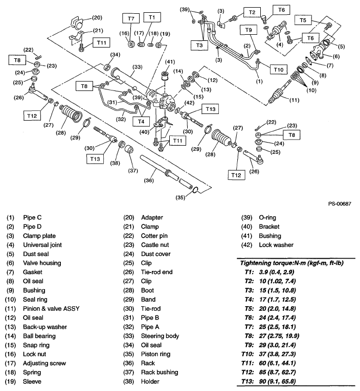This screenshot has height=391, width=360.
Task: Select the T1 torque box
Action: tap(151, 18)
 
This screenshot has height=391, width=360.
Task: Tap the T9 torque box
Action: tap(248, 31)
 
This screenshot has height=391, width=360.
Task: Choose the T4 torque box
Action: tap(139, 121)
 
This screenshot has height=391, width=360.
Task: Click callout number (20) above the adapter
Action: tap(97, 17)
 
